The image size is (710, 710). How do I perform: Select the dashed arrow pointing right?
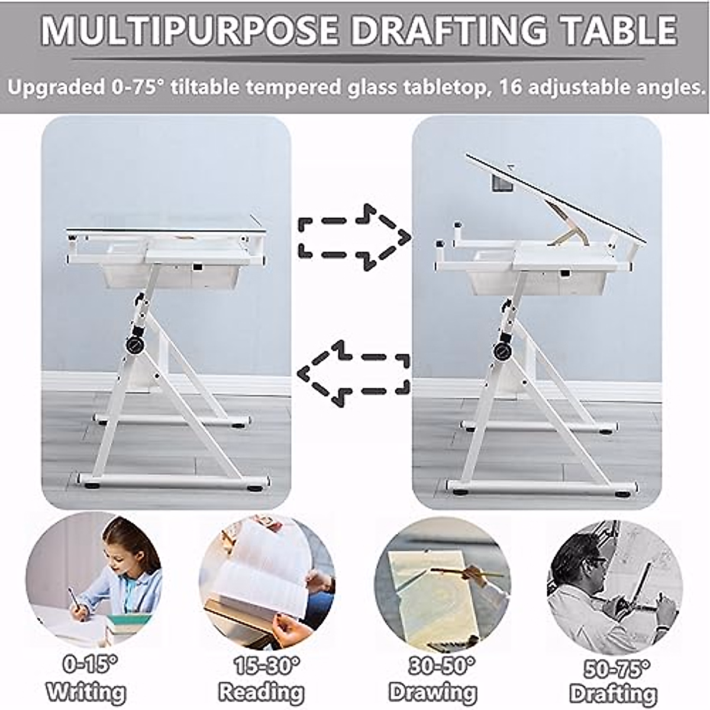(354, 237)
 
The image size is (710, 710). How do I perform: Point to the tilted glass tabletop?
(556, 199)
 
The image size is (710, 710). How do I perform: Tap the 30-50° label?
(440, 666)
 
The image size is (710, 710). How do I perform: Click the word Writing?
(86, 691)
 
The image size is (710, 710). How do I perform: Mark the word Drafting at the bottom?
(613, 693)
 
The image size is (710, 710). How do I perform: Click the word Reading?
(262, 691)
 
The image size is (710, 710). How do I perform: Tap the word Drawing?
(433, 691)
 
